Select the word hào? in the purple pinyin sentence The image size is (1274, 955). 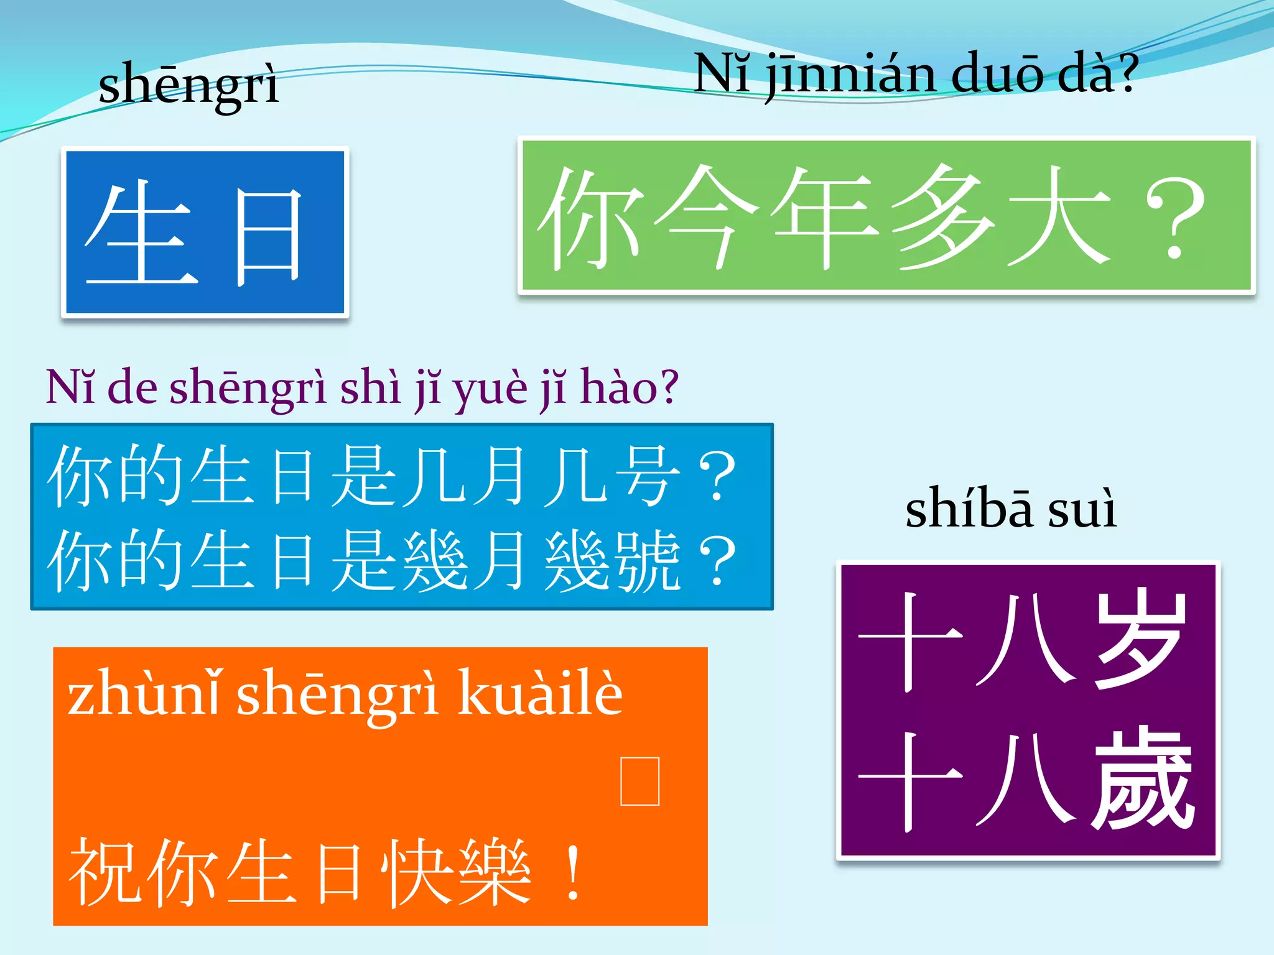[628, 387]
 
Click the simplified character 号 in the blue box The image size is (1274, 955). [647, 476]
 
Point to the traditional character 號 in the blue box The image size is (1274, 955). [647, 561]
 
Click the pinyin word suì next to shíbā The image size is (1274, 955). [1082, 510]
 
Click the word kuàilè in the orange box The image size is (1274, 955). [540, 693]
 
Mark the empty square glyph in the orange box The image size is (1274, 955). [640, 781]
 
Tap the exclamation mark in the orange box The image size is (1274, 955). [572, 874]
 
